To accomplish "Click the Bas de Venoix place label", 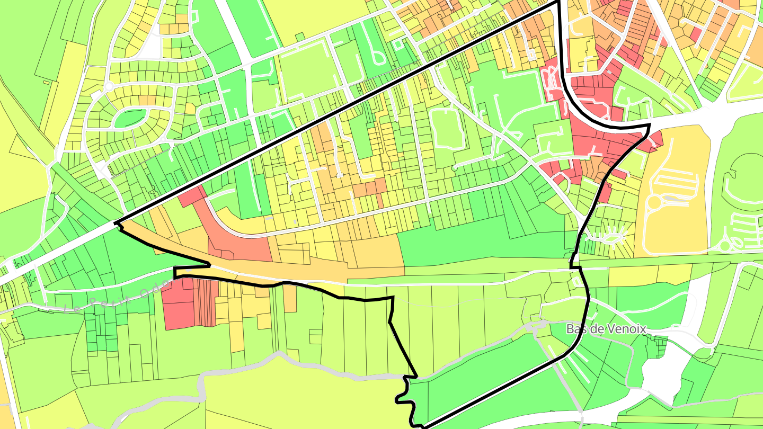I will [606, 329].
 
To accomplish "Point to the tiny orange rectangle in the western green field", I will [46, 82].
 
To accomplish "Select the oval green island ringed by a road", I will [130, 118].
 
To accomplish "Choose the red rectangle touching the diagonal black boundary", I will [192, 196].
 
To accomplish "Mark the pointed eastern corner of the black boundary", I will [649, 126].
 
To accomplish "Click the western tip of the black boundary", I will [116, 223].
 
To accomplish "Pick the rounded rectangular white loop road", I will [447, 128].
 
